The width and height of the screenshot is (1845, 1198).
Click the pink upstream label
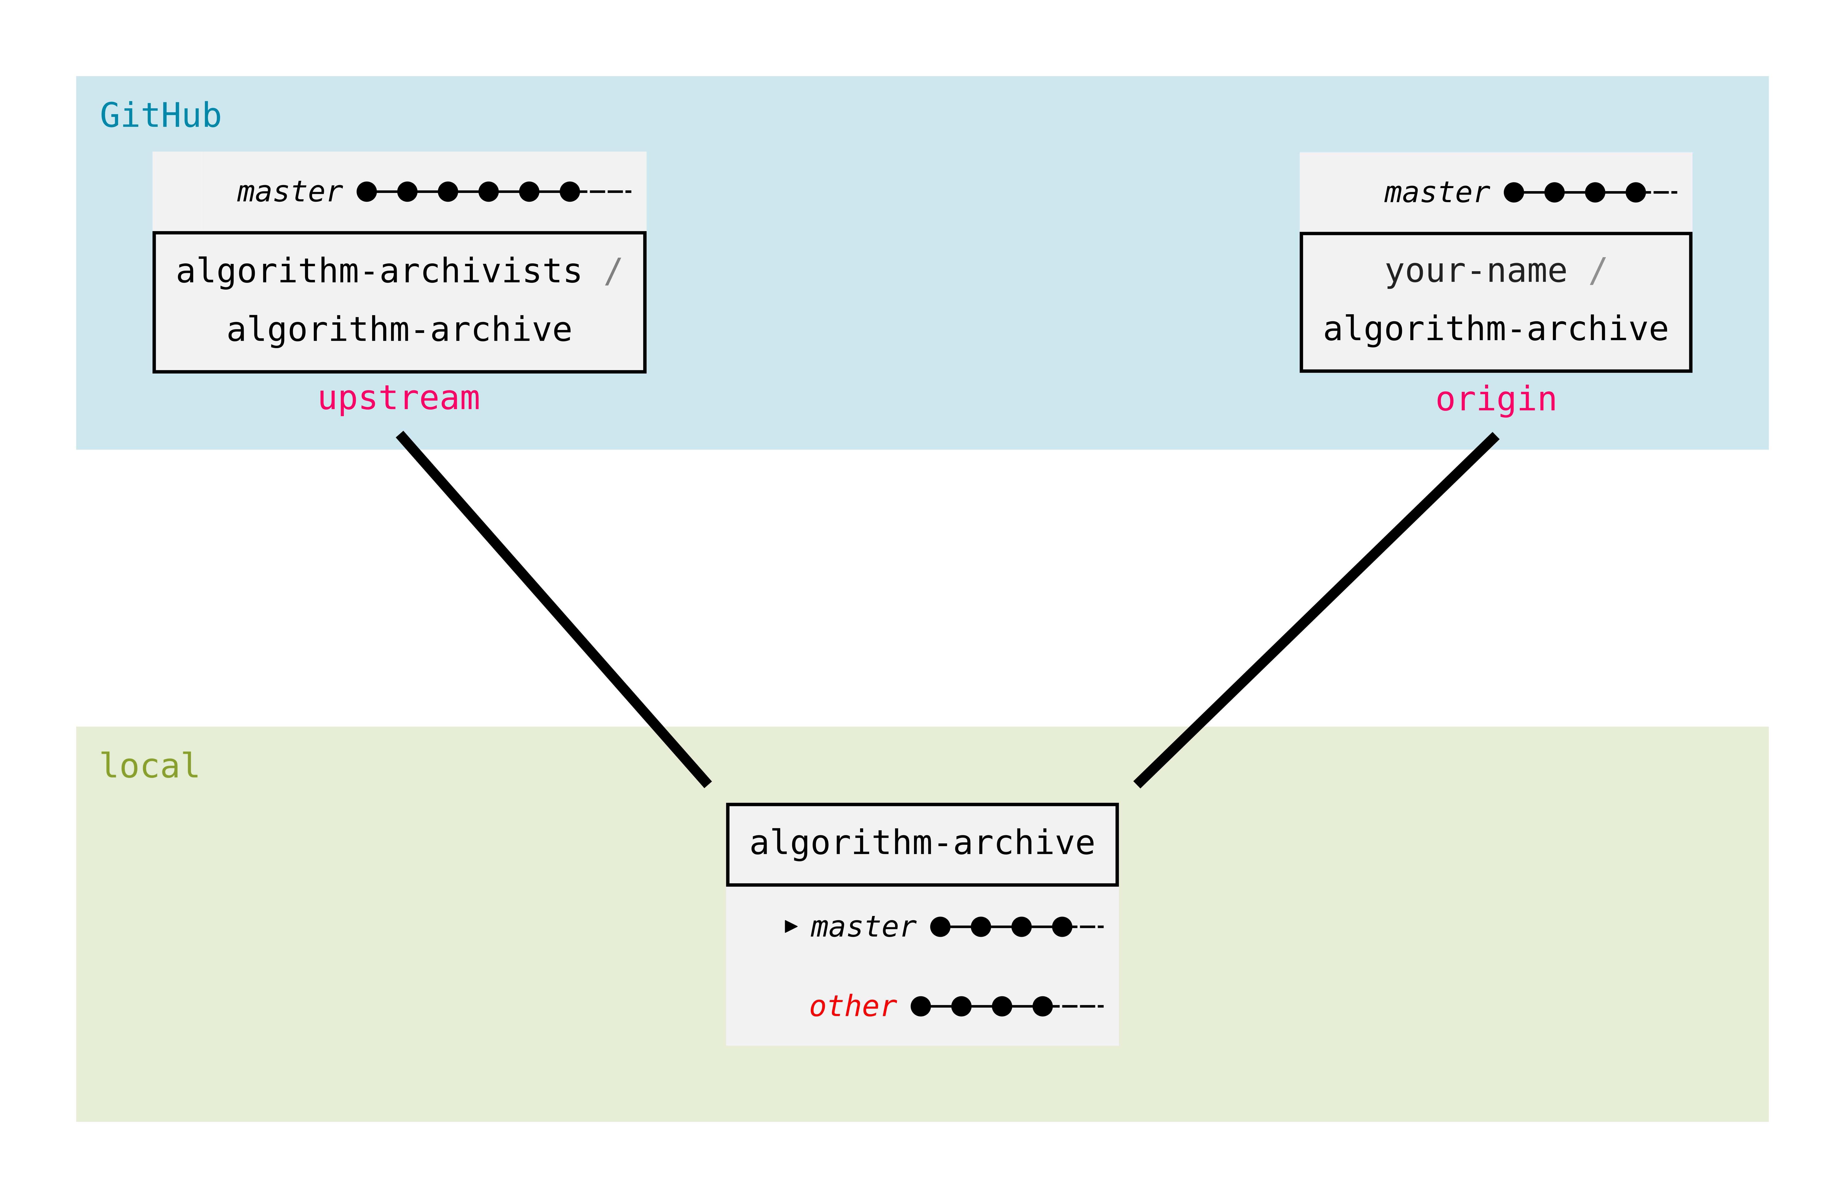coord(399,398)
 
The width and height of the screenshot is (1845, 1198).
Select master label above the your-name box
coord(1436,192)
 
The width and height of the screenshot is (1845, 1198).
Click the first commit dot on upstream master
coord(367,191)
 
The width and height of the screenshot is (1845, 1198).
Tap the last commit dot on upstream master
coord(570,191)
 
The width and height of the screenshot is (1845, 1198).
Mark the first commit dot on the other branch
coord(921,1006)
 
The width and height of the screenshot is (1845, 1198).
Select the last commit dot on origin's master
coord(1636,192)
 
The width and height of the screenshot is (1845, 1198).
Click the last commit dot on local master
coord(1062,927)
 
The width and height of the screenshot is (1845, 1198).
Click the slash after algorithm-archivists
coord(613,271)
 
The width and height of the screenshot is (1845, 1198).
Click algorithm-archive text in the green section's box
coord(922,843)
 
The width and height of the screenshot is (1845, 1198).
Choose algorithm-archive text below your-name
coord(1495,329)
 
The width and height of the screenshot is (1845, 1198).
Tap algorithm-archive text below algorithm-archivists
coord(399,330)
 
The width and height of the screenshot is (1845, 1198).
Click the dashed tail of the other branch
coord(1081,1006)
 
